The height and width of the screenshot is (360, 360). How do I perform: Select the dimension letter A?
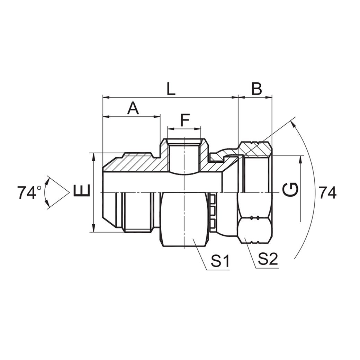click(x=133, y=108)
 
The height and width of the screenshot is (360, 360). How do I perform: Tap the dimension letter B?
click(x=256, y=89)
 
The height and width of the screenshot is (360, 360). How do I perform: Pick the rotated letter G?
click(x=290, y=190)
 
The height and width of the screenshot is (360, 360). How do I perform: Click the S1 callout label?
click(x=221, y=261)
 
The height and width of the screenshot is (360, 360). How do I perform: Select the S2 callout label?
click(x=268, y=259)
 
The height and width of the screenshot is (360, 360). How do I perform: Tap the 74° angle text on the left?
click(x=29, y=193)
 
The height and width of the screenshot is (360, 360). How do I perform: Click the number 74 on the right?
click(x=327, y=193)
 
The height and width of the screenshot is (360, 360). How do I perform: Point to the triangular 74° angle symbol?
click(x=57, y=192)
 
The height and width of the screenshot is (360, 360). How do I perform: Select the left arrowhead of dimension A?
click(x=105, y=117)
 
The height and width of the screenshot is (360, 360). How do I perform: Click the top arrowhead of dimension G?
click(x=300, y=158)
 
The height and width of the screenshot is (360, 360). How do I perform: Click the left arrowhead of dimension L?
click(x=105, y=98)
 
